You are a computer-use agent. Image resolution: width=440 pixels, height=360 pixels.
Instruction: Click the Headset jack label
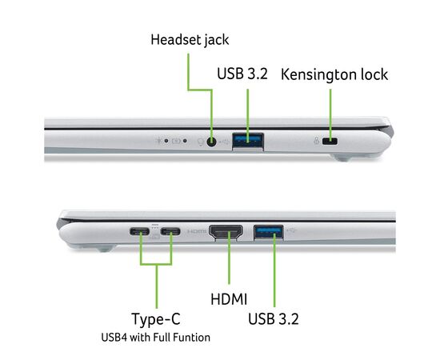190,40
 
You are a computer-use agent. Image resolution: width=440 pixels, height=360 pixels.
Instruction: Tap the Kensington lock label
334,75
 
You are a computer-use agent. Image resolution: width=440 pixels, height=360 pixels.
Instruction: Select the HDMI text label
229,299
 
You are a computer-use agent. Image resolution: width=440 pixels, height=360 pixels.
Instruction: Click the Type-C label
156,319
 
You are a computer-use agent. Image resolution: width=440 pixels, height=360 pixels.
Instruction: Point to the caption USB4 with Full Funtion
155,338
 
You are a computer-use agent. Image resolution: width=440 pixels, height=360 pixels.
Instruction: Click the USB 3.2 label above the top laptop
242,74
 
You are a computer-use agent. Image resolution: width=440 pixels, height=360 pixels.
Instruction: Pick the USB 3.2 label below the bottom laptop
274,318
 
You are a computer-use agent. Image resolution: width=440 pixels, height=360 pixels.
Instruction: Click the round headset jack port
211,141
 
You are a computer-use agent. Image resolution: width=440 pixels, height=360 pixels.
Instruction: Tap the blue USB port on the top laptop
248,141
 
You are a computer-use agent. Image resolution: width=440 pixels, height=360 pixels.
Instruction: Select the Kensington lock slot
330,141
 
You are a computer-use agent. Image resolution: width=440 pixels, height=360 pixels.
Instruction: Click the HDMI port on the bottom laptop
226,232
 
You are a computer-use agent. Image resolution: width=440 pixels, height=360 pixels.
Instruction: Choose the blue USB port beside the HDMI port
269,232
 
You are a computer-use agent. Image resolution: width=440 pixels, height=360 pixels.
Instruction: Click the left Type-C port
139,231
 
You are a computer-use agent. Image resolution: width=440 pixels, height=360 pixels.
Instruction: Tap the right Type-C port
170,231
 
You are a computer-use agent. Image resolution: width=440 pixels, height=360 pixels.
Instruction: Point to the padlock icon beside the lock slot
317,141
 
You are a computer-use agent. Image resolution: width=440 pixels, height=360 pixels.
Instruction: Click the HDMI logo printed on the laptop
197,231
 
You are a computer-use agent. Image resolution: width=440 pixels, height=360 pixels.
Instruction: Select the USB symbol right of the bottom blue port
292,230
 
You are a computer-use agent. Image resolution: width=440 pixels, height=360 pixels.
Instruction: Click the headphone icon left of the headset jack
201,142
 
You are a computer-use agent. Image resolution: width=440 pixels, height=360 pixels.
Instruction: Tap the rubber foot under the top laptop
343,158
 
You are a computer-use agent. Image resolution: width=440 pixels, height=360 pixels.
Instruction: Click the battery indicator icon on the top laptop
176,141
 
